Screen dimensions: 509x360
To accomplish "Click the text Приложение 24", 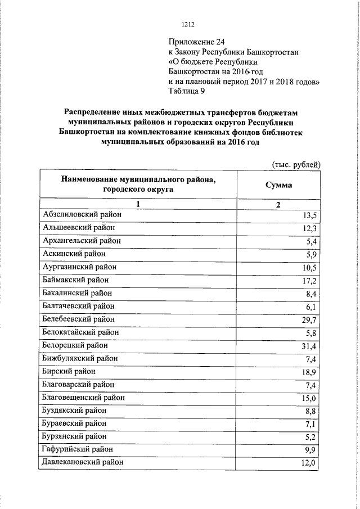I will click(x=197, y=42).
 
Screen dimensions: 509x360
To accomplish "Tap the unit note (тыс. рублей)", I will click(x=296, y=165).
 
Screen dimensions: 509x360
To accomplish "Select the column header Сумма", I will click(x=278, y=185).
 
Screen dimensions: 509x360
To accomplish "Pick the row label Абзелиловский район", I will click(x=82, y=214).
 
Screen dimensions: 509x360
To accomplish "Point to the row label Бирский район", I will click(x=69, y=371).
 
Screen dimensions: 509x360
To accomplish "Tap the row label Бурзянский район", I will click(x=74, y=436).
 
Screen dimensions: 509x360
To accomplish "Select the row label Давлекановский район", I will click(x=83, y=462).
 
